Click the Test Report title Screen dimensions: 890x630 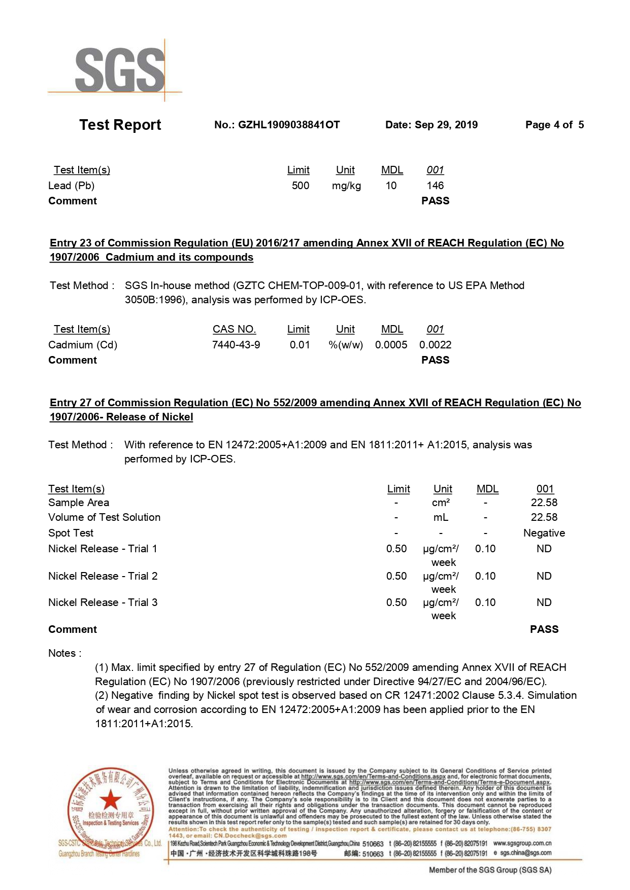120,125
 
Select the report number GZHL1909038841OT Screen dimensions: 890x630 288,125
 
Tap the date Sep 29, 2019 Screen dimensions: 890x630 446,125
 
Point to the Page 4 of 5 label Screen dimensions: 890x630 554,125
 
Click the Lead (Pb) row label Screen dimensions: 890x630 71,186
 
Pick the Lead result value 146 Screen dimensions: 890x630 435,186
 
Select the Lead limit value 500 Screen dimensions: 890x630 301,186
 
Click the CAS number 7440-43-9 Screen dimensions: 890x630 236,345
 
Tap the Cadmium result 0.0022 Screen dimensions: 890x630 435,345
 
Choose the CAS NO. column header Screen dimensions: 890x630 234,329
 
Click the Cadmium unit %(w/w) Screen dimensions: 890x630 346,345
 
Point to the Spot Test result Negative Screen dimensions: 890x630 544,533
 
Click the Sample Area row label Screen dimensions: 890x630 79,503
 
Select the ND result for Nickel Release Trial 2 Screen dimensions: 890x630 544,576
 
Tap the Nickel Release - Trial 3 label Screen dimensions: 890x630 103,602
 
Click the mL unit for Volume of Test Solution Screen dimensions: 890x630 441,517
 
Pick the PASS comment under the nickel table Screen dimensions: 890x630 544,629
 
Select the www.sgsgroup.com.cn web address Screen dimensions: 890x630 522,843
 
